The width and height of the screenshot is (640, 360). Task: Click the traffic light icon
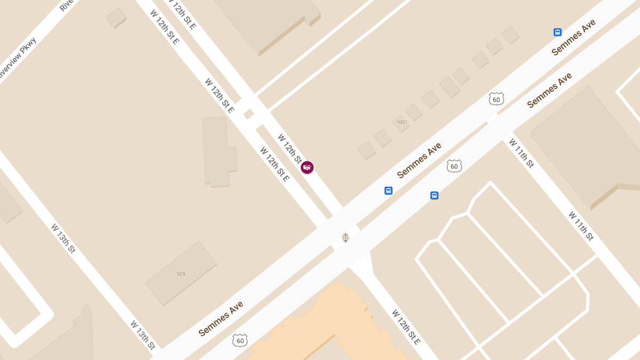pos(346,238)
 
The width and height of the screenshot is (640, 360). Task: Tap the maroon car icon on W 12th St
pos(307,167)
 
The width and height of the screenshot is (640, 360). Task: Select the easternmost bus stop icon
pos(557,33)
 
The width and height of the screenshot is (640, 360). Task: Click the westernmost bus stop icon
pos(388,190)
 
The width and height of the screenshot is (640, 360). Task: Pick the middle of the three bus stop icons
pos(434,196)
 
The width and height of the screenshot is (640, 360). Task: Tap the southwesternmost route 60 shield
pos(240,340)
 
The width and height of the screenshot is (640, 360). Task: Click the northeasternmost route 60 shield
pos(497,99)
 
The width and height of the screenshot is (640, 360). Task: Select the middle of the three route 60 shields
pos(454,166)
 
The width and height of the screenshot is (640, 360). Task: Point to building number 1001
pos(402,122)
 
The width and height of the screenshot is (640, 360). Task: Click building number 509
pos(181,274)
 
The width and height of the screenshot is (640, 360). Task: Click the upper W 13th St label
pos(63,238)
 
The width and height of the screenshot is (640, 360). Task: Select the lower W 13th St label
pos(143,335)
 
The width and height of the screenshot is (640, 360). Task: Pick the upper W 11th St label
pos(521,153)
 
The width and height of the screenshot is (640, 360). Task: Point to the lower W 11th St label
pos(581,226)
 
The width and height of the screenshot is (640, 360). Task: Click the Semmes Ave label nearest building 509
pos(221,318)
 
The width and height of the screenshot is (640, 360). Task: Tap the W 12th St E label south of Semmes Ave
pos(406,326)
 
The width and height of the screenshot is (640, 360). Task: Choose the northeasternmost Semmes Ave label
pos(573,37)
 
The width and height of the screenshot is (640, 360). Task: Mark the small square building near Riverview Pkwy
pos(116,18)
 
